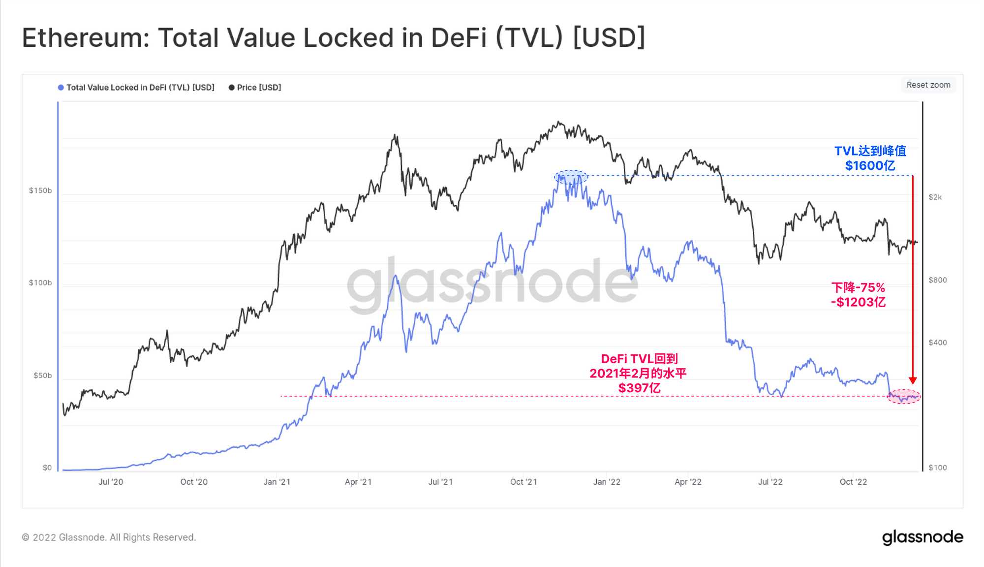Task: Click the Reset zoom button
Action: (928, 85)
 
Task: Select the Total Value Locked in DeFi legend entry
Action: (140, 88)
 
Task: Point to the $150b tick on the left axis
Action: (40, 191)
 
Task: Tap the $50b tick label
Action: (42, 376)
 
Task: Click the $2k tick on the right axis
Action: (935, 197)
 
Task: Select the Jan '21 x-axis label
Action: (277, 482)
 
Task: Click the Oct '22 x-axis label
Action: (853, 482)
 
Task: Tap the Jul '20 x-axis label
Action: (111, 482)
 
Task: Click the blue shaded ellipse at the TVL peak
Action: (571, 177)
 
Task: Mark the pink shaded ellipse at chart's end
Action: (904, 397)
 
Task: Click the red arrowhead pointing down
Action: (913, 380)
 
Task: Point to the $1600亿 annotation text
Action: (870, 166)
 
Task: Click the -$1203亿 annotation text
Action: (858, 302)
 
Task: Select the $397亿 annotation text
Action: (639, 388)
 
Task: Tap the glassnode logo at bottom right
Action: (922, 537)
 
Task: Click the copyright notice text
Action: (109, 537)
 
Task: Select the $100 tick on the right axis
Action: (937, 468)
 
